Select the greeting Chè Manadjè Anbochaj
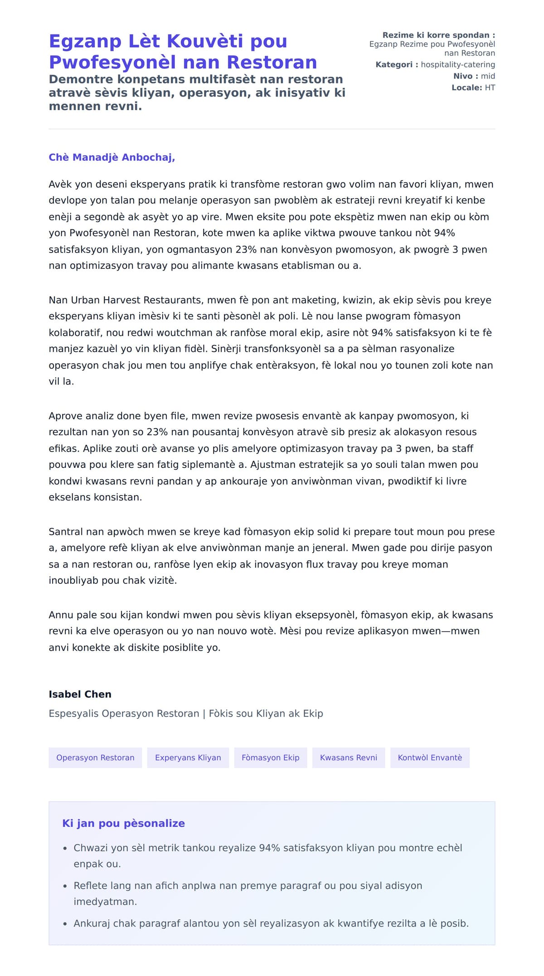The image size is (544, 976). (x=112, y=157)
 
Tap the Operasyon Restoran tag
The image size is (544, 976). (x=95, y=757)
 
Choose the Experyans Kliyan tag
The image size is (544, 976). (x=188, y=757)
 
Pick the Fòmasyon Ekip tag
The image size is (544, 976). (x=271, y=757)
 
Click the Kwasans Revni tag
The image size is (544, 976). (x=349, y=757)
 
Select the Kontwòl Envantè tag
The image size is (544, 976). (x=430, y=757)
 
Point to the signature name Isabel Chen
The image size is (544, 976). (x=80, y=694)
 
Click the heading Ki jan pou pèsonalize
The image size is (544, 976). (x=123, y=823)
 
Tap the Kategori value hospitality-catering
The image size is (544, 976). (x=458, y=65)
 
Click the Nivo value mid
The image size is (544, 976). (x=488, y=76)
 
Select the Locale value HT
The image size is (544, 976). (x=490, y=87)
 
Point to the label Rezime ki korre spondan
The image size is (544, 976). (x=438, y=35)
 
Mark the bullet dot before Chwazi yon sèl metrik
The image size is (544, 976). (x=65, y=848)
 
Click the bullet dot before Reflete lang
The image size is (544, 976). (x=65, y=886)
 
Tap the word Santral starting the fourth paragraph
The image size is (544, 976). (x=65, y=532)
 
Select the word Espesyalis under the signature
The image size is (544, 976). (x=73, y=714)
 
